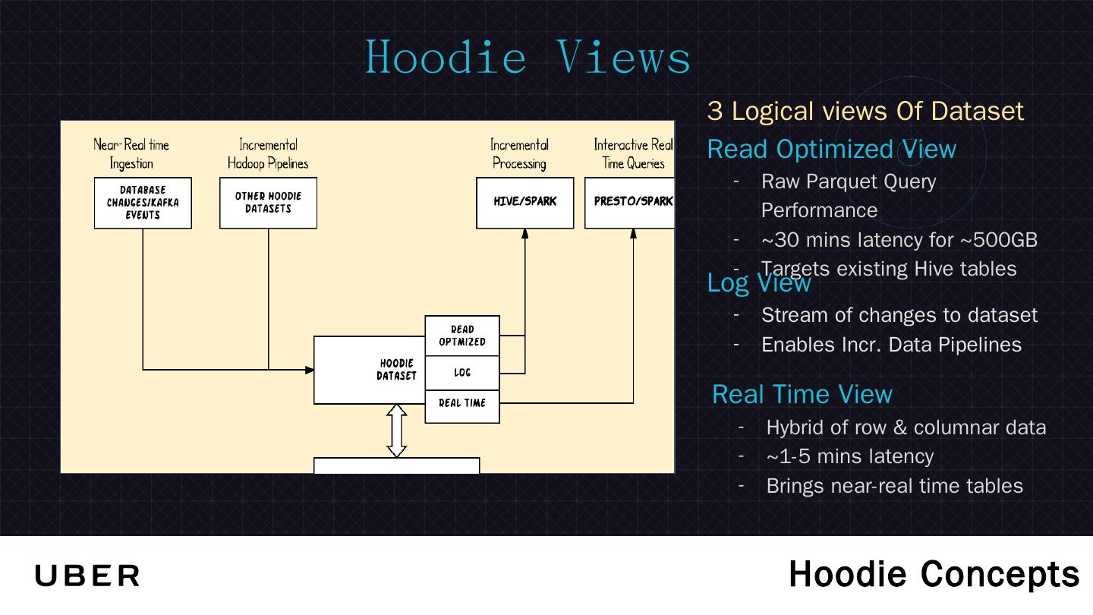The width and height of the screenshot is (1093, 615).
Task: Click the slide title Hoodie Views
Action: [528, 57]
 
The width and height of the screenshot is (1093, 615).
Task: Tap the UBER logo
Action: [87, 576]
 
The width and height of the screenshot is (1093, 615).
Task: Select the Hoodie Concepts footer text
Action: [934, 574]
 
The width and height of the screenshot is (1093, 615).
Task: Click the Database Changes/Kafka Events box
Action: [143, 203]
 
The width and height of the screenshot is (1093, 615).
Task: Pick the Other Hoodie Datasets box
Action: [268, 203]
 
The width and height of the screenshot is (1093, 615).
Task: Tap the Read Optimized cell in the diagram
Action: [462, 336]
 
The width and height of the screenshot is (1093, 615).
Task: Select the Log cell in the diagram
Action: [462, 372]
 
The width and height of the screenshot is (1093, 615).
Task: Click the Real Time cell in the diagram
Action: [462, 403]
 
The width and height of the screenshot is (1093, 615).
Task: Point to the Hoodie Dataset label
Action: [396, 370]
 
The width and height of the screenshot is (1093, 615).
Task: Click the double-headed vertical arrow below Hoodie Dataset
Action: [397, 430]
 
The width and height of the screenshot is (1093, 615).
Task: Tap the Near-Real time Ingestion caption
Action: [131, 153]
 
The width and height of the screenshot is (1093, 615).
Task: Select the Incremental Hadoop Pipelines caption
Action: [268, 153]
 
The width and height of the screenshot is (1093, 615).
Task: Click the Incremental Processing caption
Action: [519, 153]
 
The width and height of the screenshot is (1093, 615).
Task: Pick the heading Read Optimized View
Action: [831, 149]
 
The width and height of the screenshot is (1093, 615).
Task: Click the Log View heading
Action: [759, 282]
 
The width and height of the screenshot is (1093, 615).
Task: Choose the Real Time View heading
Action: [802, 394]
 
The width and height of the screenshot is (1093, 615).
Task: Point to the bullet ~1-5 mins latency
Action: [849, 456]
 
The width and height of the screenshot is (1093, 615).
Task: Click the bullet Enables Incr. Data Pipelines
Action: [891, 345]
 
